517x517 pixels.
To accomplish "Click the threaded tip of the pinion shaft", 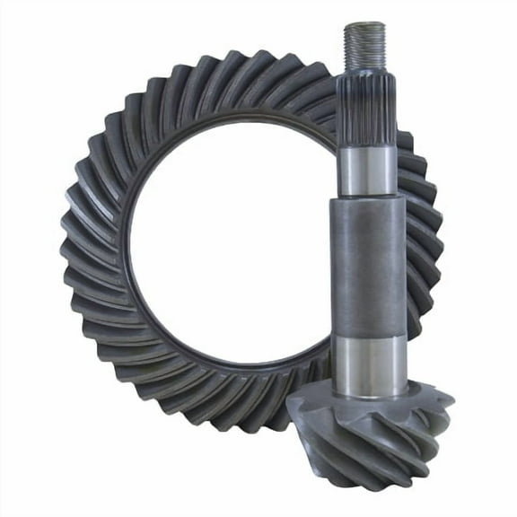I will [364, 49].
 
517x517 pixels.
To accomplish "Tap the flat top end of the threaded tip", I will [364, 26].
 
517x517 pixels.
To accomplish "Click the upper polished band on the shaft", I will [364, 171].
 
